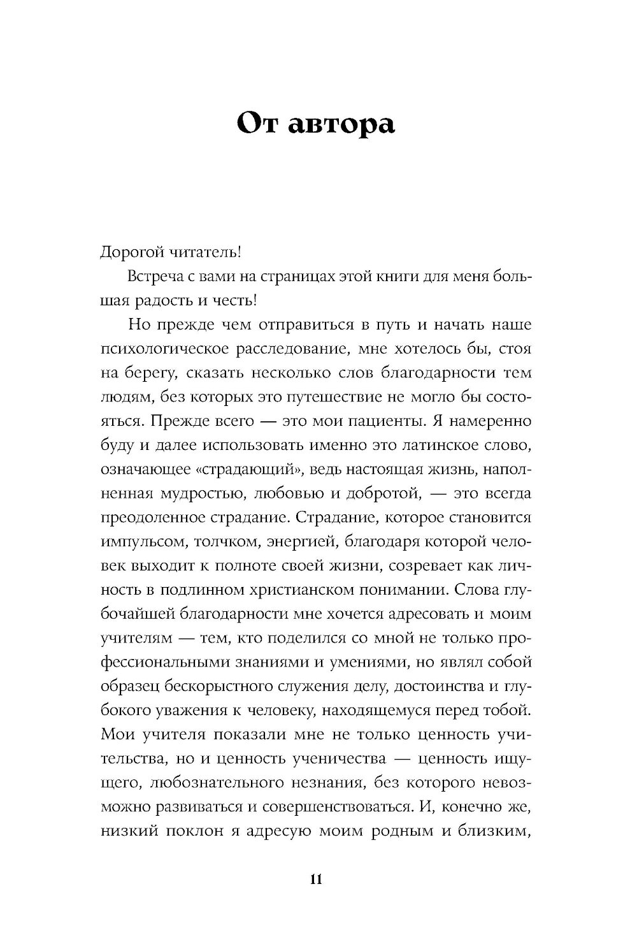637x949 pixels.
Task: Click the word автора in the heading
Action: coord(341,123)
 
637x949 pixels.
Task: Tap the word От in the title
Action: coord(259,123)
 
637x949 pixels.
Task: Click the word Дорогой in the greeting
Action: coord(131,252)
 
